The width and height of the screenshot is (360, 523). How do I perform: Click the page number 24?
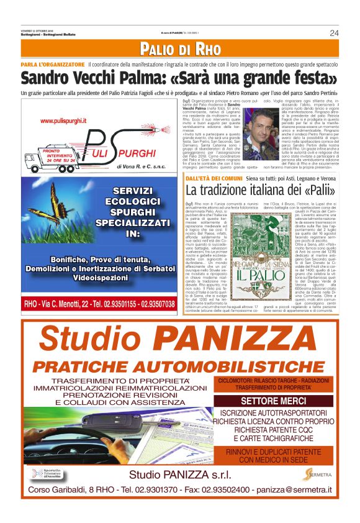point(334,32)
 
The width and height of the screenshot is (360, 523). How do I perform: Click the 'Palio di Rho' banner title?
point(180,48)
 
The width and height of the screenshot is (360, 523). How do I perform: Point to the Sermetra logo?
point(317,475)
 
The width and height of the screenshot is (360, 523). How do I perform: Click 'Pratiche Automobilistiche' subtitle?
point(179,366)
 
